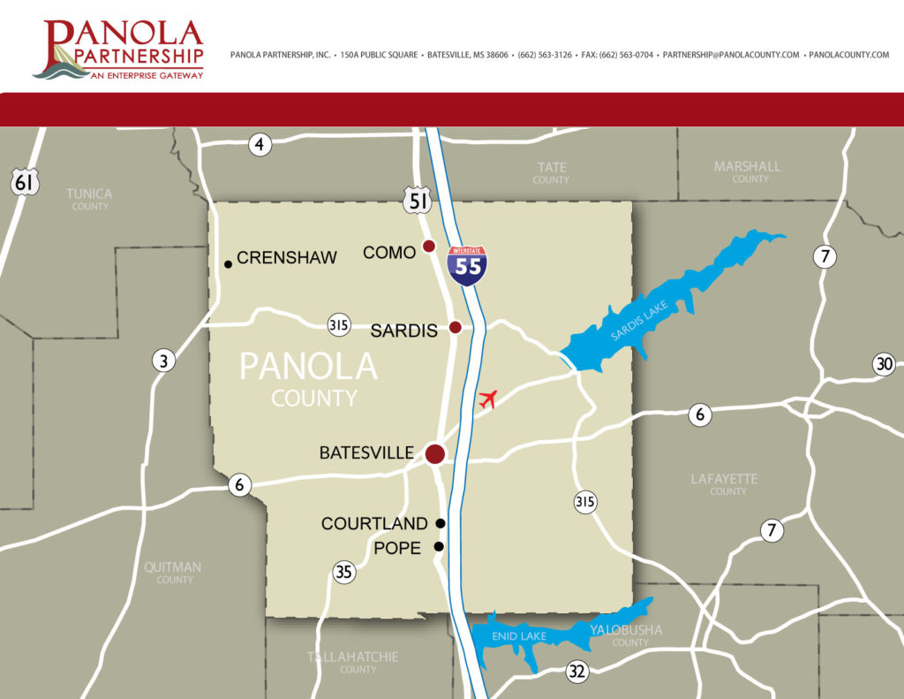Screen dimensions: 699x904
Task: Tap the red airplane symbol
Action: [488, 399]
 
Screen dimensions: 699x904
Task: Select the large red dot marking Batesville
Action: [434, 454]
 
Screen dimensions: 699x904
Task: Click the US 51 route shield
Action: [418, 201]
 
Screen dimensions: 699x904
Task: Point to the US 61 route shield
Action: [24, 182]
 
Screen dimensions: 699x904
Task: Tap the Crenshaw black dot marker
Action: [228, 263]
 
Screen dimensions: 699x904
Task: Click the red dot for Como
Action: [429, 247]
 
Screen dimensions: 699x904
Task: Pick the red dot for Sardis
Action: [456, 327]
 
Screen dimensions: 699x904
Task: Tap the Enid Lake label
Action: [520, 636]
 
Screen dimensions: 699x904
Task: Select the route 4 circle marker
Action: [260, 144]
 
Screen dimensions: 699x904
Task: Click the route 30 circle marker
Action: [884, 363]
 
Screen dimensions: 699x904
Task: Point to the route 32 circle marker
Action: [577, 672]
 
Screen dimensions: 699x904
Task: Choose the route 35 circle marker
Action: [343, 572]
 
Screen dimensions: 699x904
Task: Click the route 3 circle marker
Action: [162, 360]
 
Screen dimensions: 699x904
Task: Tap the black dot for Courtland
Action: [441, 523]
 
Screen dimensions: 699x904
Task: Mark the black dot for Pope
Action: [438, 546]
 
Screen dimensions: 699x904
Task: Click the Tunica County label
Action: [89, 199]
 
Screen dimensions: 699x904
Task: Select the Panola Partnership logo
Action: [118, 49]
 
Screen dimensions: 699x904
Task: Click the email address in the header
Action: [731, 55]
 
